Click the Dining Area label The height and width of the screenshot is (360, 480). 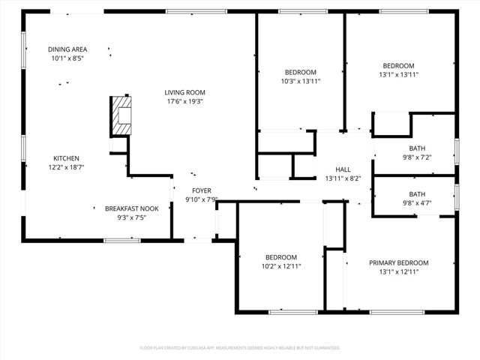coord(67,49)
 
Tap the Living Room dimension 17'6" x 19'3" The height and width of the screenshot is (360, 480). coord(184,101)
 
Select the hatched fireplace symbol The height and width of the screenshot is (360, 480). coord(121,116)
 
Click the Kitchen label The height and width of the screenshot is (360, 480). coord(66,158)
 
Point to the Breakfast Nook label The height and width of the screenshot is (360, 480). coord(131,208)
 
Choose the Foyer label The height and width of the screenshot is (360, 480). coord(201,190)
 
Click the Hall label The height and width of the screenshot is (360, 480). coord(343,169)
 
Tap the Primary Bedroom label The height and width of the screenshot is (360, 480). coord(398,262)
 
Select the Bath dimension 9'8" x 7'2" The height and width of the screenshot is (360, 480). coord(416,157)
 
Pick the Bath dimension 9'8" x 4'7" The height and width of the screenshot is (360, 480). coord(416,203)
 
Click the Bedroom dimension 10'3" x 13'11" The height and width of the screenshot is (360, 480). coord(300,81)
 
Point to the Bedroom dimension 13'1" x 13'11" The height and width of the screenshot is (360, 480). coord(398,74)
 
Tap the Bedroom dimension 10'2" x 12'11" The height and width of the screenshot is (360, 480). coord(280,266)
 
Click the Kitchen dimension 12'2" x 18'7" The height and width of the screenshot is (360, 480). coord(66,167)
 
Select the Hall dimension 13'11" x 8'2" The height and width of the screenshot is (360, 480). coord(343,178)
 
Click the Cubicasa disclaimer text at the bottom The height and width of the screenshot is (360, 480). coord(240,348)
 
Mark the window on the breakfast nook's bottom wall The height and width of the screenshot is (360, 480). coord(121,240)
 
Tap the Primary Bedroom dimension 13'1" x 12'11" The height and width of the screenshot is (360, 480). coord(398,271)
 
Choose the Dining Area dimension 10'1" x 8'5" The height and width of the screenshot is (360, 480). coord(67,58)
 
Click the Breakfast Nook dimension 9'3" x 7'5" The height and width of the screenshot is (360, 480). coord(131,217)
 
